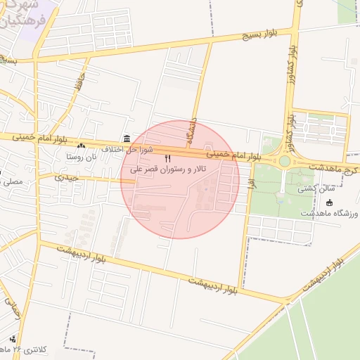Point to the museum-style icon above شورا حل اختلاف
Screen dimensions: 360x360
coord(126,138)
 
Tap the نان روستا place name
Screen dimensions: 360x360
coord(82,156)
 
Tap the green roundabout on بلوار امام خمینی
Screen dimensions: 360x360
coord(284,161)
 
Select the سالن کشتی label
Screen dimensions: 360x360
coord(313,188)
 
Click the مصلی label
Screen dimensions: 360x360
coord(13,181)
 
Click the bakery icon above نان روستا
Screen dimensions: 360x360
coord(82,146)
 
